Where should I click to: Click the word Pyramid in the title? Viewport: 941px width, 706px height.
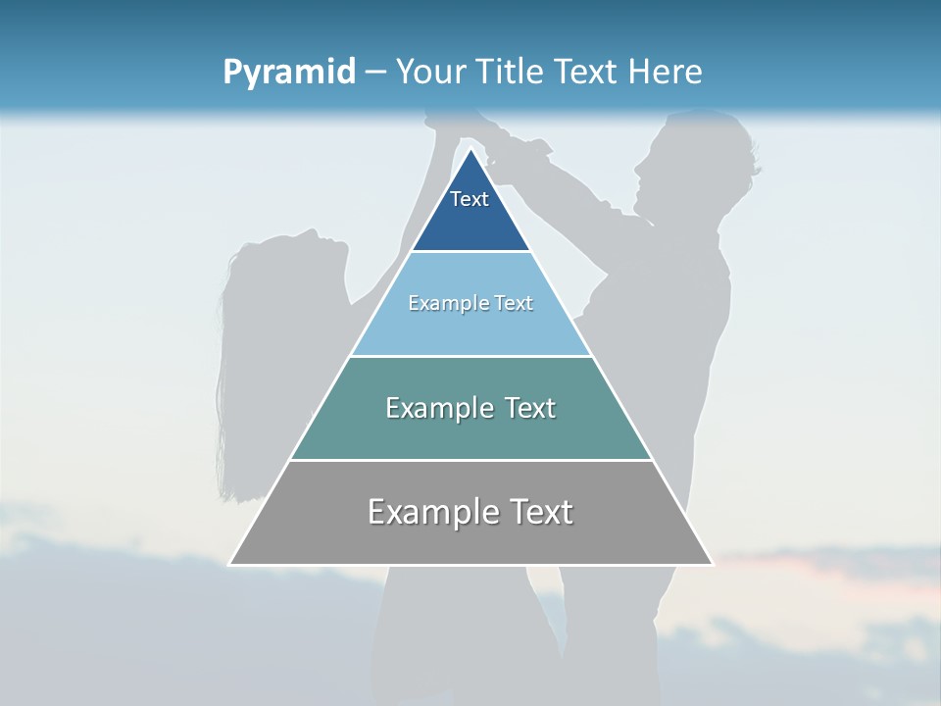point(288,73)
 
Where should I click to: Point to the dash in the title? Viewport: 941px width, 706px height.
point(375,73)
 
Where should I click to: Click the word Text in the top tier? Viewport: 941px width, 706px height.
point(470,199)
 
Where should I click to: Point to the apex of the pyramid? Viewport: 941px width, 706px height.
point(471,149)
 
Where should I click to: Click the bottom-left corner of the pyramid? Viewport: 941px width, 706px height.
point(230,564)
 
